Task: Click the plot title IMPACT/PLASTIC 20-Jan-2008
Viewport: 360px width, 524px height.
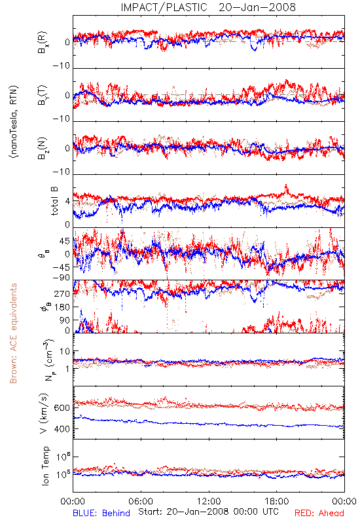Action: click(x=208, y=7)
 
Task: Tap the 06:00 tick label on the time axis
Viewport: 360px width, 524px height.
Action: click(x=141, y=501)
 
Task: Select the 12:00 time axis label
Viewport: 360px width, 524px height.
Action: click(x=209, y=501)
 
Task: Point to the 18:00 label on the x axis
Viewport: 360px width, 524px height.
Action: click(x=277, y=501)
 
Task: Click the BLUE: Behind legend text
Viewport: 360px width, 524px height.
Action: click(x=101, y=513)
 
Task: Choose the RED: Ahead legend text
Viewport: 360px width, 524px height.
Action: click(x=319, y=513)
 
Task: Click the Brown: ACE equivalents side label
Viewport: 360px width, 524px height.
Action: click(x=13, y=333)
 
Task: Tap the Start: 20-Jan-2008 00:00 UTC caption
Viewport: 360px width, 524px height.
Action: click(x=208, y=512)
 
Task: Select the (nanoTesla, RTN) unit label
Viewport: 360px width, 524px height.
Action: click(x=14, y=122)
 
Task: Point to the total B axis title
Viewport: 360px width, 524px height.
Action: click(x=54, y=201)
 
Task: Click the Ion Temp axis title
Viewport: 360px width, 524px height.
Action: click(x=45, y=466)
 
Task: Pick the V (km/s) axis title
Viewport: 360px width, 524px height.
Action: click(x=44, y=413)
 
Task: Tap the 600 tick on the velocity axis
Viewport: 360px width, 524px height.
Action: click(x=62, y=408)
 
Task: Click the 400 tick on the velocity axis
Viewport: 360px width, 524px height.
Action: click(x=62, y=429)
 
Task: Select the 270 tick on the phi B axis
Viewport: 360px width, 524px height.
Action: click(x=62, y=293)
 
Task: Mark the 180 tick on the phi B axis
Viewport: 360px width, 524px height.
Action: click(x=62, y=307)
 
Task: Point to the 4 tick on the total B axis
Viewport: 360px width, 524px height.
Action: click(x=67, y=202)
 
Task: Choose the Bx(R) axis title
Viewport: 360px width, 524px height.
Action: click(x=43, y=42)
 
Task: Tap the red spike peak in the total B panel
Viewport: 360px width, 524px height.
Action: click(x=286, y=185)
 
